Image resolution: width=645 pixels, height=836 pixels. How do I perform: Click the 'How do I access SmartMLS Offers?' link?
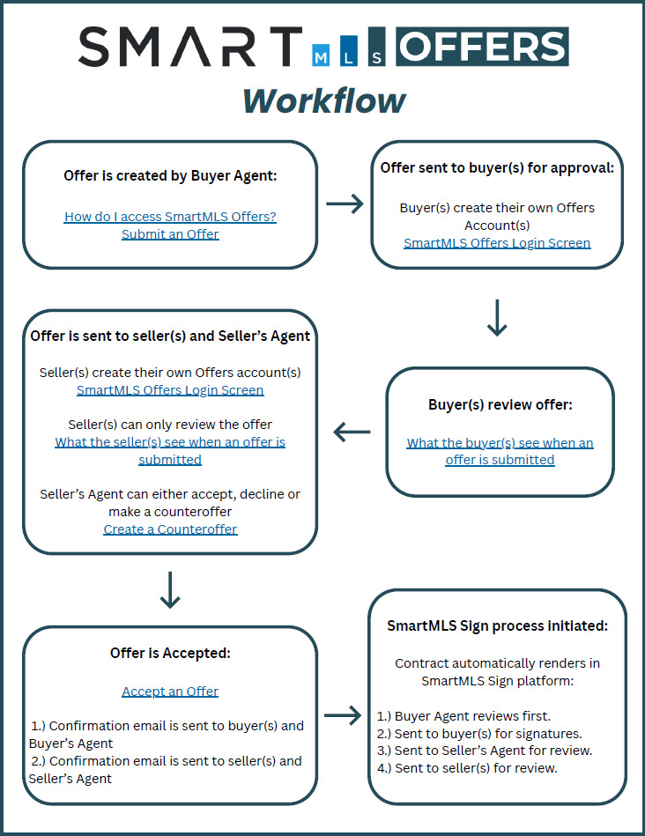pos(170,217)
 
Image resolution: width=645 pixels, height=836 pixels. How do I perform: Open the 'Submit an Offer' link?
pos(170,234)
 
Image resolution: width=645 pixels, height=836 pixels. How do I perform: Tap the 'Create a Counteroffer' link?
pos(170,529)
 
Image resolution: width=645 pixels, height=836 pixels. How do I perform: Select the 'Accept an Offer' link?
pos(170,692)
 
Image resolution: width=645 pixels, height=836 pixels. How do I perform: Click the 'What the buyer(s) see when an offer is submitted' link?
pos(500,451)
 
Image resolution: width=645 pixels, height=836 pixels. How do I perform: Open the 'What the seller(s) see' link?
pos(170,450)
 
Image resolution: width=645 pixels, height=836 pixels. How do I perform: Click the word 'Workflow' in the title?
pos(324,100)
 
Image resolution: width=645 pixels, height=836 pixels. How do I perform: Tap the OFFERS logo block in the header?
pos(482,47)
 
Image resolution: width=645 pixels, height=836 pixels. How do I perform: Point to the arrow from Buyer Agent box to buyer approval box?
pos(345,203)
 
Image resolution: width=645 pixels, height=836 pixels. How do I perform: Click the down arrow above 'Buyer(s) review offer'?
pos(497,318)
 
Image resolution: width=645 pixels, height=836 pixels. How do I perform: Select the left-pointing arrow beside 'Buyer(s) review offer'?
pos(352,432)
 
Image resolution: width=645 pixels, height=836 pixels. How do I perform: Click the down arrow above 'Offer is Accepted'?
pos(170,590)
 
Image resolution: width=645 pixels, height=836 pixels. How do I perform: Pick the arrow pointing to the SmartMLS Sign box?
pos(343,715)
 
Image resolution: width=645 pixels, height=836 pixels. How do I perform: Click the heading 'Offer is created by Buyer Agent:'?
pos(170,176)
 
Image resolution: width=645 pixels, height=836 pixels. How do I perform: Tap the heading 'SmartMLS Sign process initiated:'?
pos(497,626)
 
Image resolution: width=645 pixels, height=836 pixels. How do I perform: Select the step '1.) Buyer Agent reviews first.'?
pos(463,716)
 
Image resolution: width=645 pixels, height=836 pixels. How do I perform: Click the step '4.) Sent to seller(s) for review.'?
pos(467,768)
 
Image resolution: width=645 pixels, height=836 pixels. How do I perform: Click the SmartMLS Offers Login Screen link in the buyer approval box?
pos(497,243)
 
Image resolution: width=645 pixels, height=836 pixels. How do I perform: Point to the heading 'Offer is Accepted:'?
pos(170,653)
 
